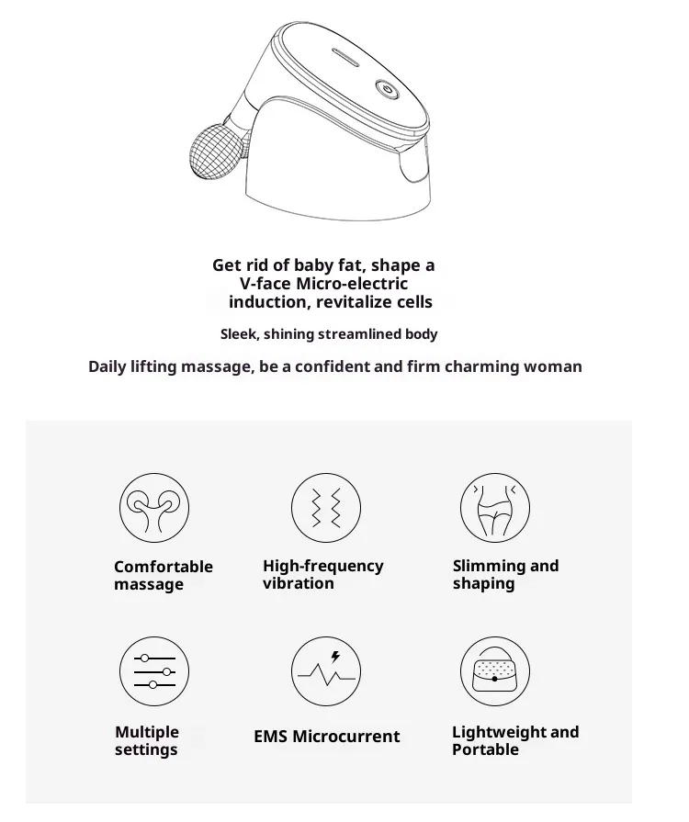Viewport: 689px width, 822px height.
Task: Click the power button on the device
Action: coord(387,90)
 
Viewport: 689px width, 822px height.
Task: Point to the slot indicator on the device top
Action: coord(345,58)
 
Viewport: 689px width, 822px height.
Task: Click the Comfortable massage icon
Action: coord(154,508)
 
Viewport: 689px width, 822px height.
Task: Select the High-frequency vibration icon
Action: coord(326,508)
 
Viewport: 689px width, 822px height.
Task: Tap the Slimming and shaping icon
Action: coord(495,508)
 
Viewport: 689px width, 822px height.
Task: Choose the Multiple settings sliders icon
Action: coord(154,671)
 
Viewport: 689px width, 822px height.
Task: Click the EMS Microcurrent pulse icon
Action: coord(326,671)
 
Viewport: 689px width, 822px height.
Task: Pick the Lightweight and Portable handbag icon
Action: coord(495,671)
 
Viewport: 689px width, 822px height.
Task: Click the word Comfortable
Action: coord(164,567)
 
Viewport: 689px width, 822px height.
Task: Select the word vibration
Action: coord(299,583)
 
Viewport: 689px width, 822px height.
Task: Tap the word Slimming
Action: coord(483,566)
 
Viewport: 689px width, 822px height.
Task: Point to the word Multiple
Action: coord(147,732)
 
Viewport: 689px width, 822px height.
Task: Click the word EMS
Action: coord(271,737)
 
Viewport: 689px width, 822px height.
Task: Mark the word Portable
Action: coord(486,749)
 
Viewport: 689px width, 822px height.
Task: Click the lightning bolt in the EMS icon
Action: coord(335,657)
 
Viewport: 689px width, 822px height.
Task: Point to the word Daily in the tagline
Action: coord(106,367)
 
